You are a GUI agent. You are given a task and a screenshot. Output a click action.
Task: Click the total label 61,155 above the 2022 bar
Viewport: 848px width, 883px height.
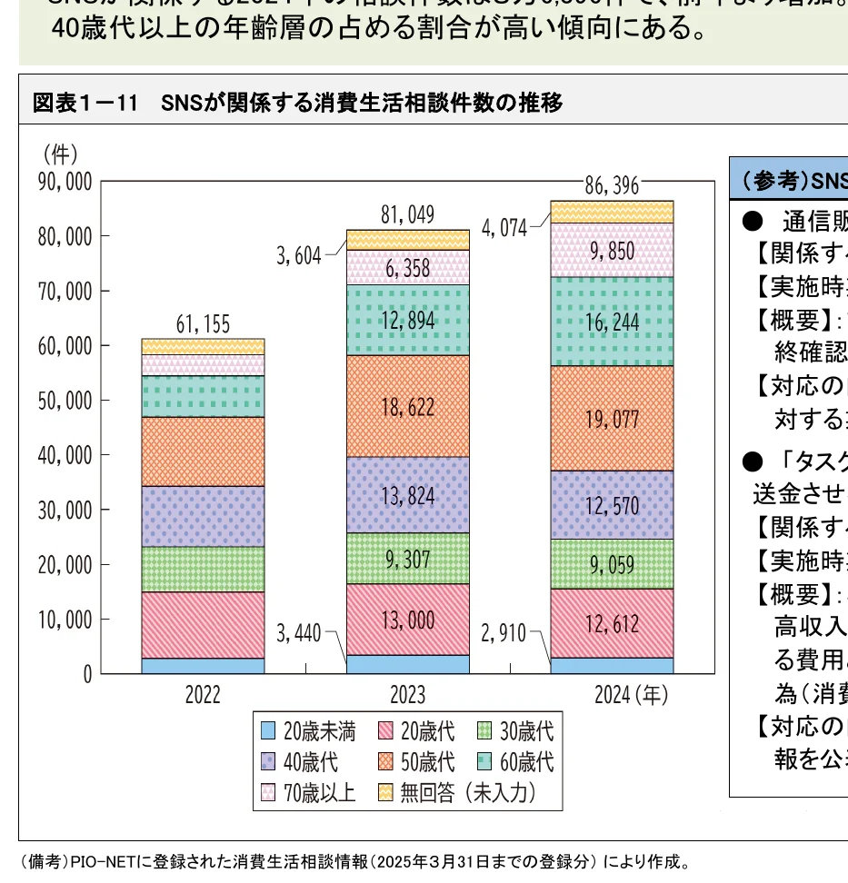pos(203,324)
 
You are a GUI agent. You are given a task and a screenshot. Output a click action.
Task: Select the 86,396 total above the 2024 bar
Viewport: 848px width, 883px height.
pos(612,186)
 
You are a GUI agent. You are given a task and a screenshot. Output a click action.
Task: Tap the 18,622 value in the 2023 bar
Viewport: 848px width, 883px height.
pos(408,407)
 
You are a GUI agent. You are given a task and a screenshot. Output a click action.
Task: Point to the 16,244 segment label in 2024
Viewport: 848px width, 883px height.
pos(612,322)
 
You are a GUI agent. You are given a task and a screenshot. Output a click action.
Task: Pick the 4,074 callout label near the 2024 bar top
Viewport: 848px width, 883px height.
pos(504,228)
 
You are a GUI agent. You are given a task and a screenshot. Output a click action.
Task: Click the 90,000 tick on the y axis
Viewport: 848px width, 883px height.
pos(65,182)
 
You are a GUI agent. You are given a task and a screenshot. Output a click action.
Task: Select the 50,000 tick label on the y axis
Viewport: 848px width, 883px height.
pos(65,401)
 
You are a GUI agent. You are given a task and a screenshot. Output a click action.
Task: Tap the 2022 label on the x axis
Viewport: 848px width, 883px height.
pos(203,696)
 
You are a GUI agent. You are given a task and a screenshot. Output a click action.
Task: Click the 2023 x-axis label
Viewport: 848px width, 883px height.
pos(408,696)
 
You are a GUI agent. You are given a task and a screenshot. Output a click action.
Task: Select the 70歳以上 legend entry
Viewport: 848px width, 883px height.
pos(319,793)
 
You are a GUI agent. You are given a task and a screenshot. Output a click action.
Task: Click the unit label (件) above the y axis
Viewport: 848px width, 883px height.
pos(60,153)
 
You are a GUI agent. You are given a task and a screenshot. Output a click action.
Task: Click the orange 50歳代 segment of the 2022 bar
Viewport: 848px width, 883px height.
pos(203,451)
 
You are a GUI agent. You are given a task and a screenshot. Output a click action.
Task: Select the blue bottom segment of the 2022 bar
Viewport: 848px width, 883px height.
pos(203,666)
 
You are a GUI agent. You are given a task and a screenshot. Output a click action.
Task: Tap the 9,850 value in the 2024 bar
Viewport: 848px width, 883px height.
pos(612,251)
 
